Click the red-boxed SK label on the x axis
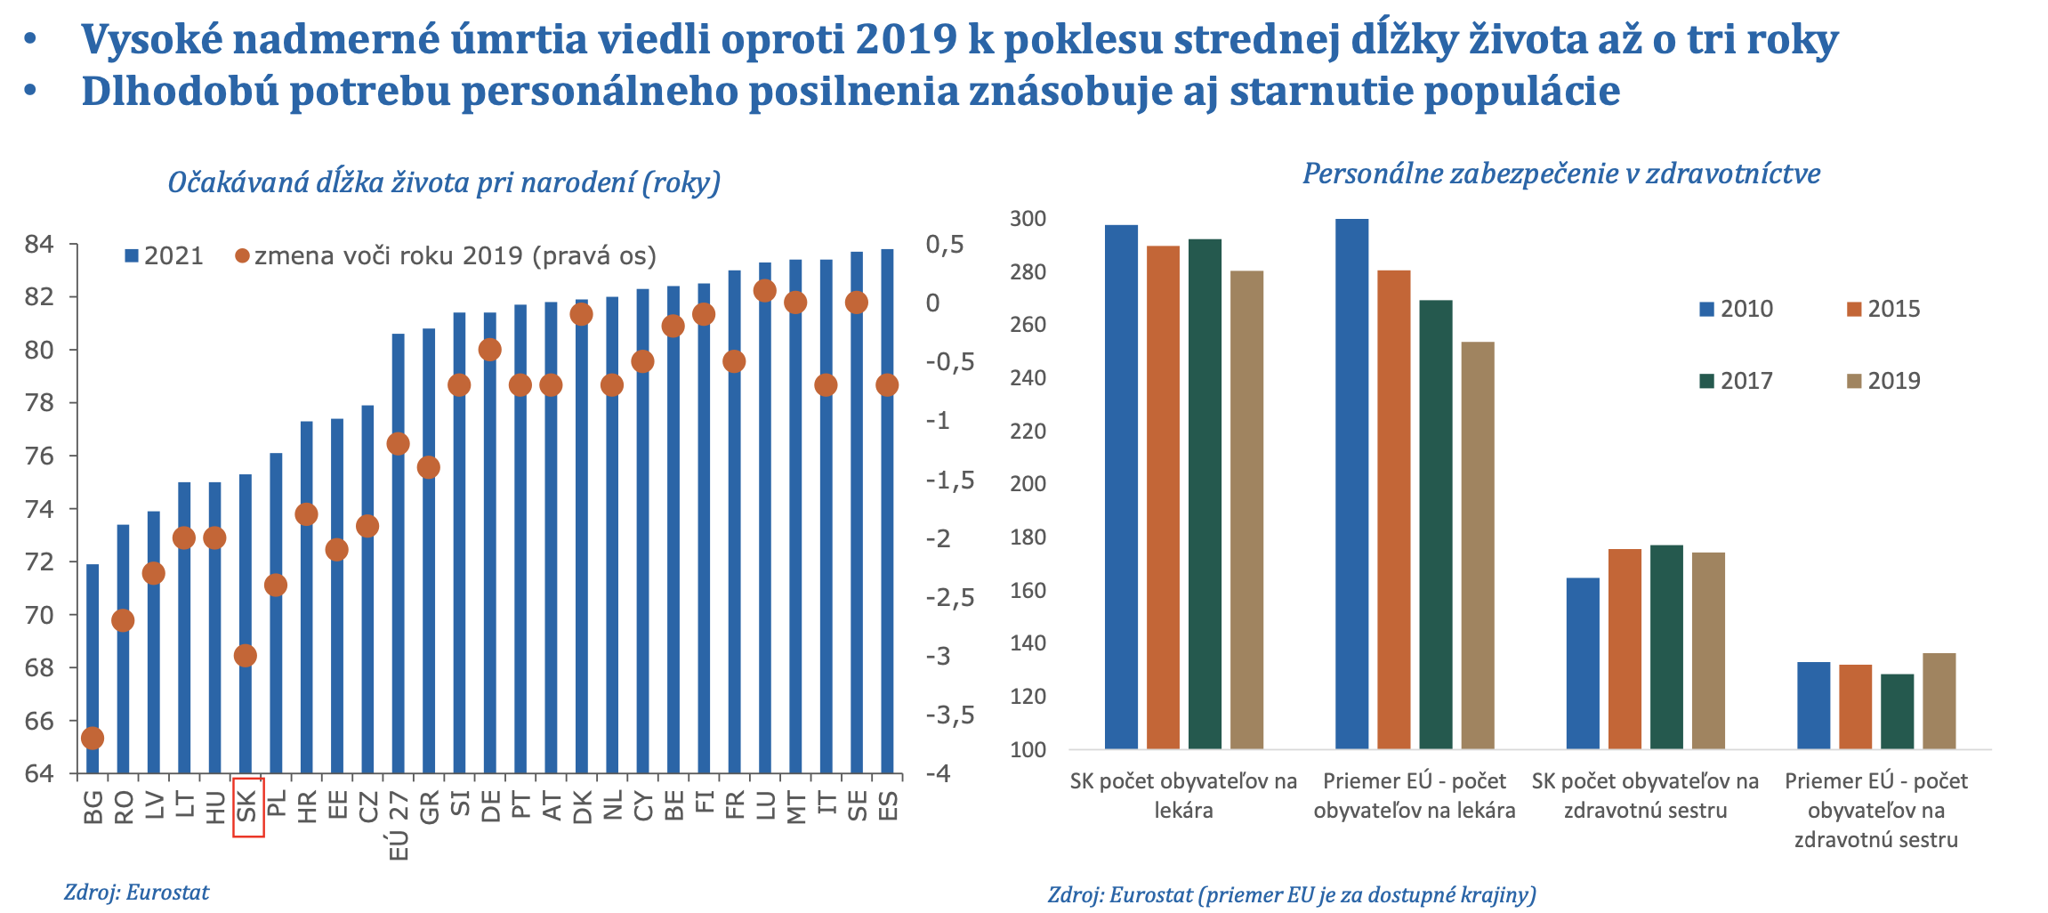247,806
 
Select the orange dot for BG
93,738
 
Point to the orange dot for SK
246,656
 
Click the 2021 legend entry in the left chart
165,256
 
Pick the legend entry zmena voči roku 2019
445,256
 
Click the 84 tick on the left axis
39,244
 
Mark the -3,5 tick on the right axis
949,715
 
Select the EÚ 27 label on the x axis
399,826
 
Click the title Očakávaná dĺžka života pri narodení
444,182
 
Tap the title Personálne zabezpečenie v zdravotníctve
1561,174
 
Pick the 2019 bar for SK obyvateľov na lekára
1246,509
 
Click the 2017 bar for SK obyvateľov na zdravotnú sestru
1666,647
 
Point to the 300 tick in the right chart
1028,219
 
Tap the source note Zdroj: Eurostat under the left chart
136,893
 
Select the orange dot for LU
764,291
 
